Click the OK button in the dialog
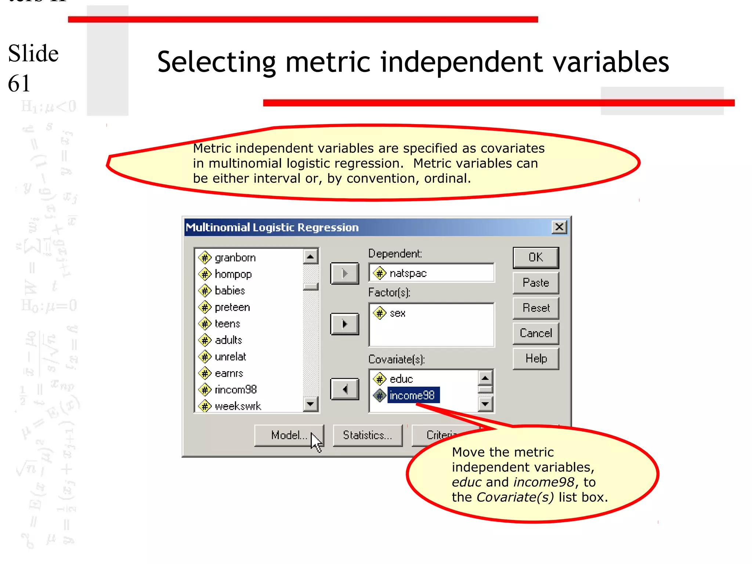pos(536,257)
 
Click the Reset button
pos(536,308)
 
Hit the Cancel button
pos(536,333)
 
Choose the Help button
pos(536,358)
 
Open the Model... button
pos(289,435)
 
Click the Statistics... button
pos(367,435)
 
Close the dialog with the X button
pos(559,227)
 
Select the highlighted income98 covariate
pos(412,395)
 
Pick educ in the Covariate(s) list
pos(401,379)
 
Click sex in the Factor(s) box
pos(397,313)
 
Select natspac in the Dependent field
pos(408,273)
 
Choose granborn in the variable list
pos(235,258)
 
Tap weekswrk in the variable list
pos(238,406)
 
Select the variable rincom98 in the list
pos(235,390)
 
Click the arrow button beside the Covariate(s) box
pos(344,389)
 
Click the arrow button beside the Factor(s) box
pos(344,324)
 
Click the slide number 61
pos(19,83)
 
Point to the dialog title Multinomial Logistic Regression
pos(272,227)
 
